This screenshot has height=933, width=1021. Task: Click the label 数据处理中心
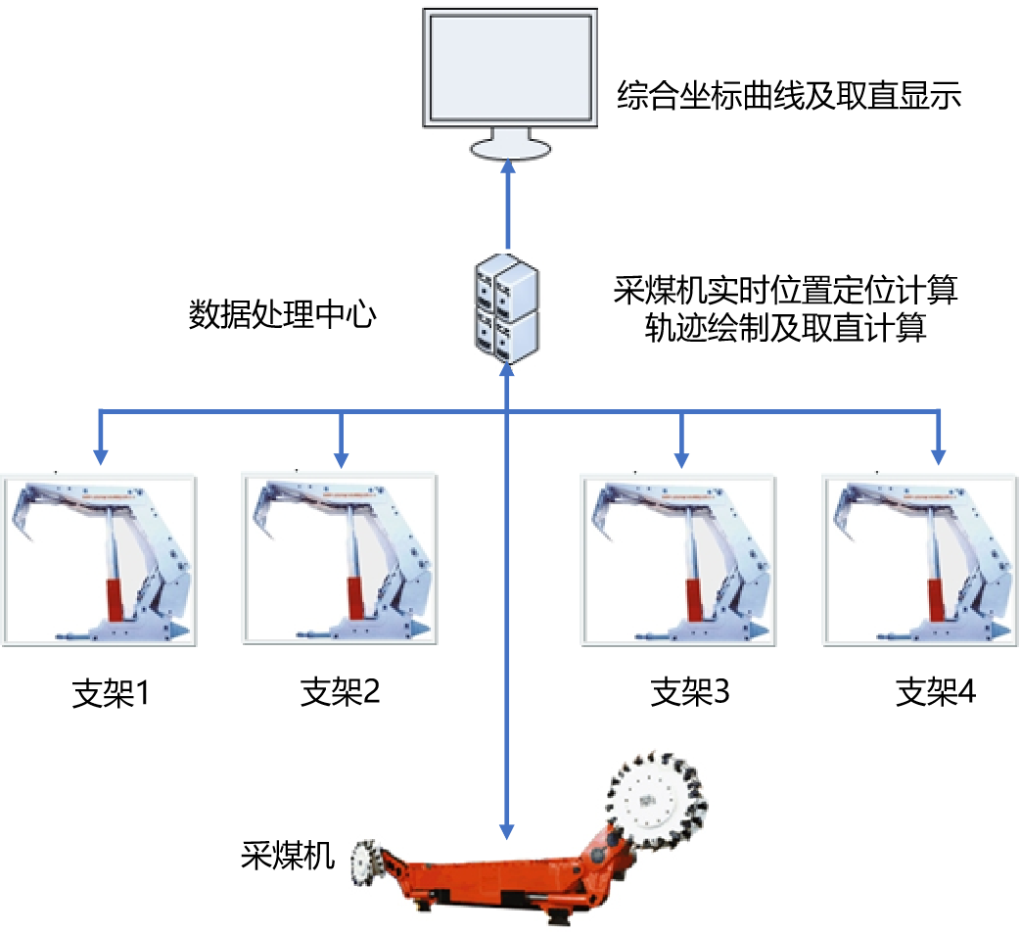click(281, 315)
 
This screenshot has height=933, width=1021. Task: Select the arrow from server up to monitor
click(507, 206)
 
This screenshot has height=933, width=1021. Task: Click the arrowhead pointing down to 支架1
click(100, 455)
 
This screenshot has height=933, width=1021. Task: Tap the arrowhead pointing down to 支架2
click(341, 455)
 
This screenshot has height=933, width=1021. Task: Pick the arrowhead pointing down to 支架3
click(681, 455)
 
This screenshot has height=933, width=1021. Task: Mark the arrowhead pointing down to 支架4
click(938, 455)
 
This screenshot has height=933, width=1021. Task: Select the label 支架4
click(936, 693)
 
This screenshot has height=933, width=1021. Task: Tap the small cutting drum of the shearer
click(369, 862)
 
